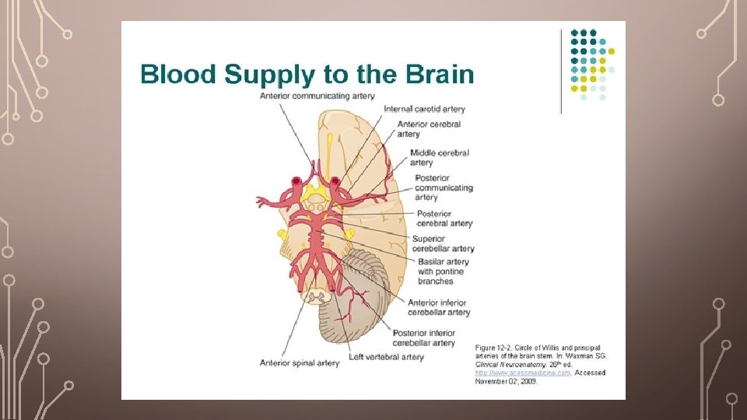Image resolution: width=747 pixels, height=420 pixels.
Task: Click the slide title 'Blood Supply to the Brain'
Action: (x=307, y=75)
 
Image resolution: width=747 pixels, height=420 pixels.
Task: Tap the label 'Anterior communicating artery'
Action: (x=317, y=96)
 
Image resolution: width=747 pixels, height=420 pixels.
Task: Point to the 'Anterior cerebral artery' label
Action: (x=429, y=129)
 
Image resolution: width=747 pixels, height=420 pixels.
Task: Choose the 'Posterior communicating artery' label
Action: (x=444, y=187)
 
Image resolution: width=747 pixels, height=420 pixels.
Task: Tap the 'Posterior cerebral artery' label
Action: (x=444, y=219)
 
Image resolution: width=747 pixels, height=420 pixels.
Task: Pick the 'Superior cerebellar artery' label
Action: (x=443, y=243)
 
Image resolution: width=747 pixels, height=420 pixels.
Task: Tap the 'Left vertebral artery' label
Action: (x=386, y=357)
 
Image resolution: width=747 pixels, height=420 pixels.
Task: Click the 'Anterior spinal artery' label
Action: (x=300, y=362)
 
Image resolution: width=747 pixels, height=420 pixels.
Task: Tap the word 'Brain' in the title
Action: (x=440, y=75)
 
